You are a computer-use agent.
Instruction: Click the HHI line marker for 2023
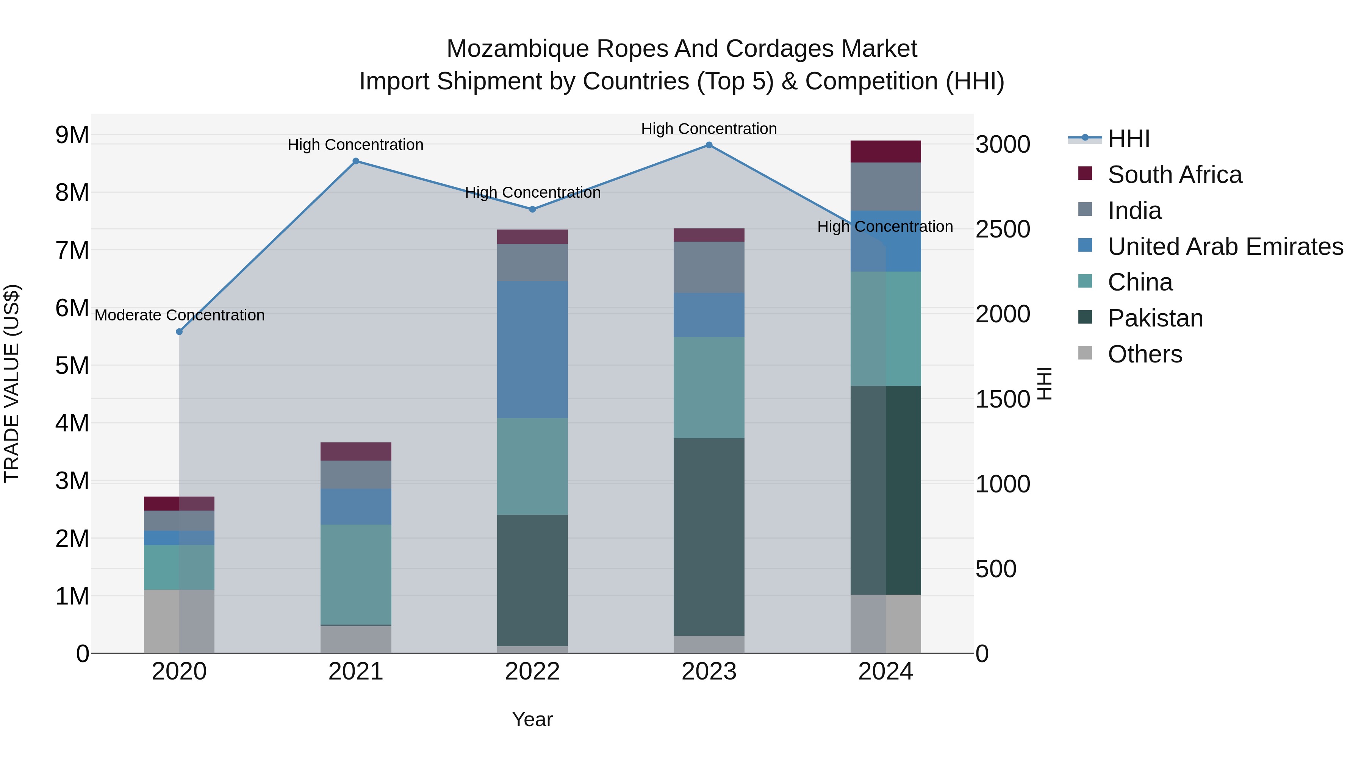click(709, 145)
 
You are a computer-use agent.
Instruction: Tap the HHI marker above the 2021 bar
click(356, 161)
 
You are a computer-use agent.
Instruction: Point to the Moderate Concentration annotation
click(180, 316)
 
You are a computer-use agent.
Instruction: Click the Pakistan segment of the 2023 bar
click(709, 537)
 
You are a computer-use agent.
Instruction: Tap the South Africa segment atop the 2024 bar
click(885, 152)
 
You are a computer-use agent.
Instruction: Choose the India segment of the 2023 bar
click(709, 267)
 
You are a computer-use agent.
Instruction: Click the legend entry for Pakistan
click(1155, 318)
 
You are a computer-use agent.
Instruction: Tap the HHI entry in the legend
click(1128, 139)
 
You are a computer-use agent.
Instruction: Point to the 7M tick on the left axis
click(72, 250)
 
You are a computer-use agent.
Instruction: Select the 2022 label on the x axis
click(532, 672)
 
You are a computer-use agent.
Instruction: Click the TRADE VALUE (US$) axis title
click(12, 383)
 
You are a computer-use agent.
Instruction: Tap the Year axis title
click(532, 719)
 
